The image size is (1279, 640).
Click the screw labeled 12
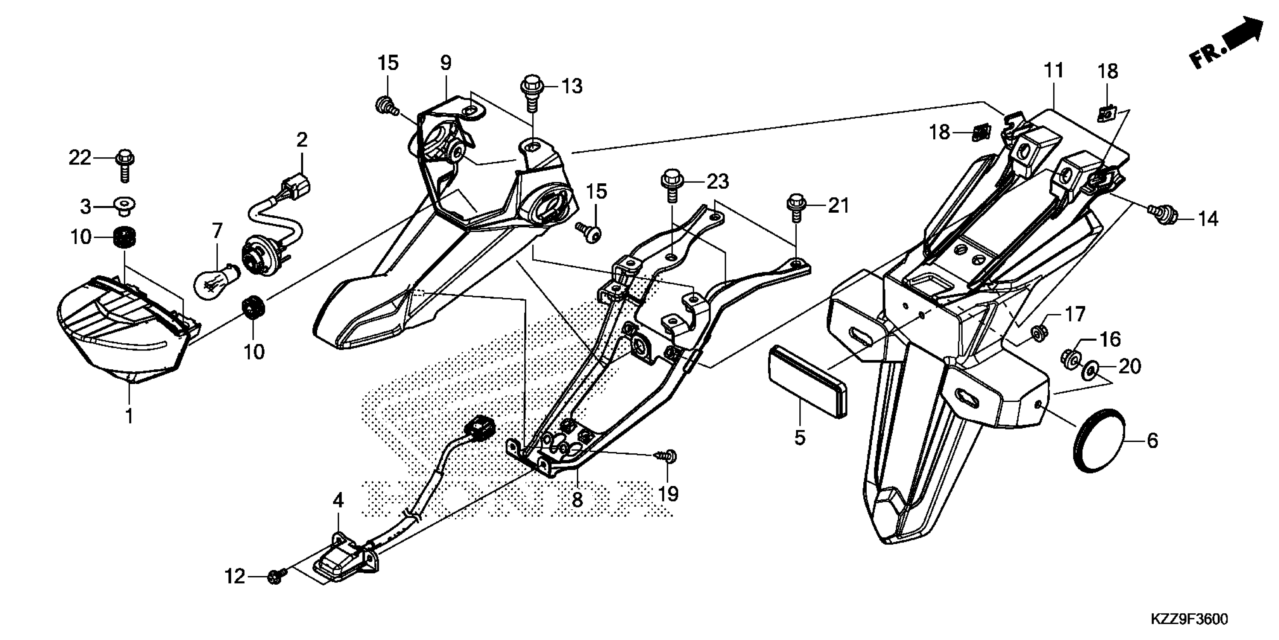(276, 576)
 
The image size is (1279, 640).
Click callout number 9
(445, 63)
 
